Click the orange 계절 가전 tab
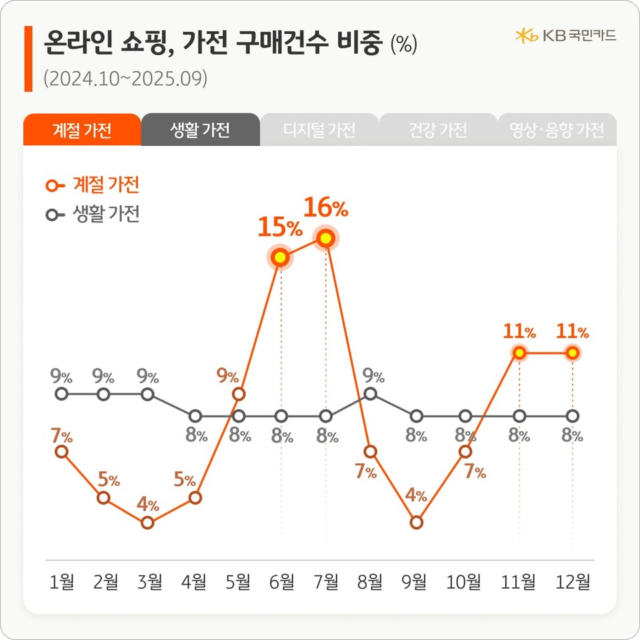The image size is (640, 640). coord(82,130)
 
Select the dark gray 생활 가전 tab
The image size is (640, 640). coord(200,130)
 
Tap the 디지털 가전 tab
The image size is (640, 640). coord(319,130)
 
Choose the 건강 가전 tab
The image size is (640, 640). coord(438,130)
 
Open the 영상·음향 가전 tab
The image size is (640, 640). coord(557,130)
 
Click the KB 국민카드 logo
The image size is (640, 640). coord(565,35)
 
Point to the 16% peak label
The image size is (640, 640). coord(326,209)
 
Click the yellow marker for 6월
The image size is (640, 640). coord(281,257)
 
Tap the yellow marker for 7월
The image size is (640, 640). coord(326,237)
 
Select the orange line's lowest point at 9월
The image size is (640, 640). coord(417,522)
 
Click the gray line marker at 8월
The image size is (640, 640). coord(371,394)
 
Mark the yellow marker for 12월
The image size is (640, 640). coord(572,353)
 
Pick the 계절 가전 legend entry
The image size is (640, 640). coord(93,185)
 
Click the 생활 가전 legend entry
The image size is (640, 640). coord(93,215)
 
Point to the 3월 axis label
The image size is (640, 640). coord(149,583)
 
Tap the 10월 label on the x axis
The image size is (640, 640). coord(463,583)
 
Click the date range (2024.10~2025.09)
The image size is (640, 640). coord(125,79)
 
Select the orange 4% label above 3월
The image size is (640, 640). coord(148,505)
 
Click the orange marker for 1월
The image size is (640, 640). coord(61,451)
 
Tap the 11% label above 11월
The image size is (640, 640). coord(520,331)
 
